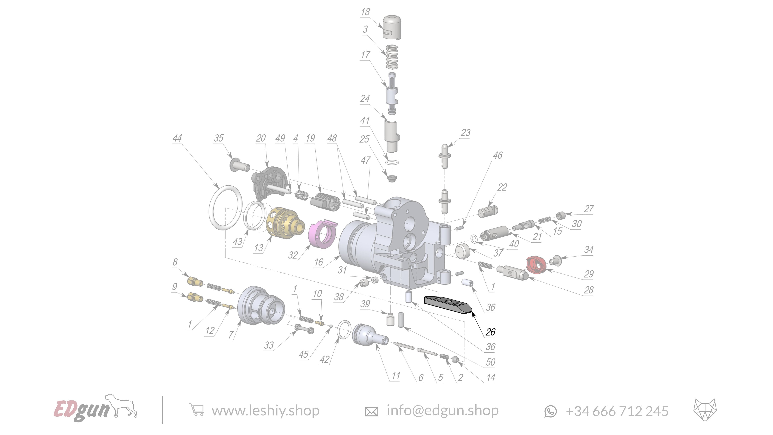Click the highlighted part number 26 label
(490, 332)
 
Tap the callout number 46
(498, 155)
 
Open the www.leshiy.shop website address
(265, 411)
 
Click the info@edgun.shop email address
(442, 410)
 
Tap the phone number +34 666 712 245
(617, 411)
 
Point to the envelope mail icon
(371, 411)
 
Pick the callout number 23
(465, 132)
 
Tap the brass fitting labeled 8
(195, 282)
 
